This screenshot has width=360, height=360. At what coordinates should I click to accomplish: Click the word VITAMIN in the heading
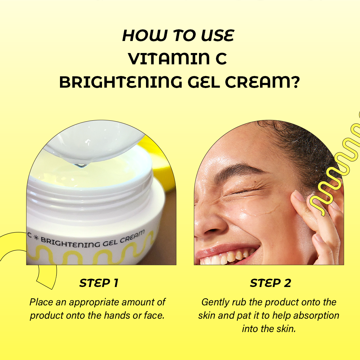[169, 58]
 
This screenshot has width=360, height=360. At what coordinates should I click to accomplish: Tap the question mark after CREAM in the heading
[295, 82]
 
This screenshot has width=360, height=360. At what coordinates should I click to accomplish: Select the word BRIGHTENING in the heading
[121, 82]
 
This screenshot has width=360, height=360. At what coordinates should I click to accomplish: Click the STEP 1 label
[99, 283]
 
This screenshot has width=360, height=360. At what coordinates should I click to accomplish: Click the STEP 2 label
[270, 283]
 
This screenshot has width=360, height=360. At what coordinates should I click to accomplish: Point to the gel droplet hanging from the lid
[81, 165]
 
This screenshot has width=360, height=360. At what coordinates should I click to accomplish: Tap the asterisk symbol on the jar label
[36, 238]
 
